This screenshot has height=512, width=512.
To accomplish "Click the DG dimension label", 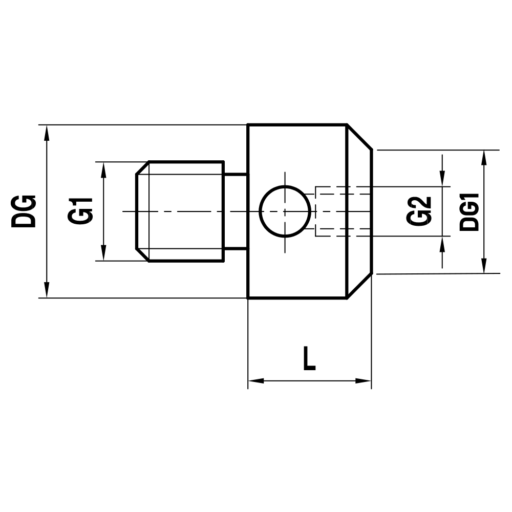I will point(24,211).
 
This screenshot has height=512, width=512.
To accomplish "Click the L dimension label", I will point(309,358).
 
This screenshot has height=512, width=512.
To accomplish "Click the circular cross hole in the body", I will point(285,211).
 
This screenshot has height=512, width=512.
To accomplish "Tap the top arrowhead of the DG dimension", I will point(47,132).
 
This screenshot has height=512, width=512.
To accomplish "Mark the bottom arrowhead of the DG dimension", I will point(47,290).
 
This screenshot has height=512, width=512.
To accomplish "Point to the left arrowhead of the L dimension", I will point(255,381).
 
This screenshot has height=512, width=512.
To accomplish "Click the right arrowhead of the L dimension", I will point(364,381).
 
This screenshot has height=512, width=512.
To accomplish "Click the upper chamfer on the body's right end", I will point(359,137).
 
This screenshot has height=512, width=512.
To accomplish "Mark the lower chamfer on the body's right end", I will point(359,286).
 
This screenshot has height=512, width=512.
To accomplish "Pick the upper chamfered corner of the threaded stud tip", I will point(142,168).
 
